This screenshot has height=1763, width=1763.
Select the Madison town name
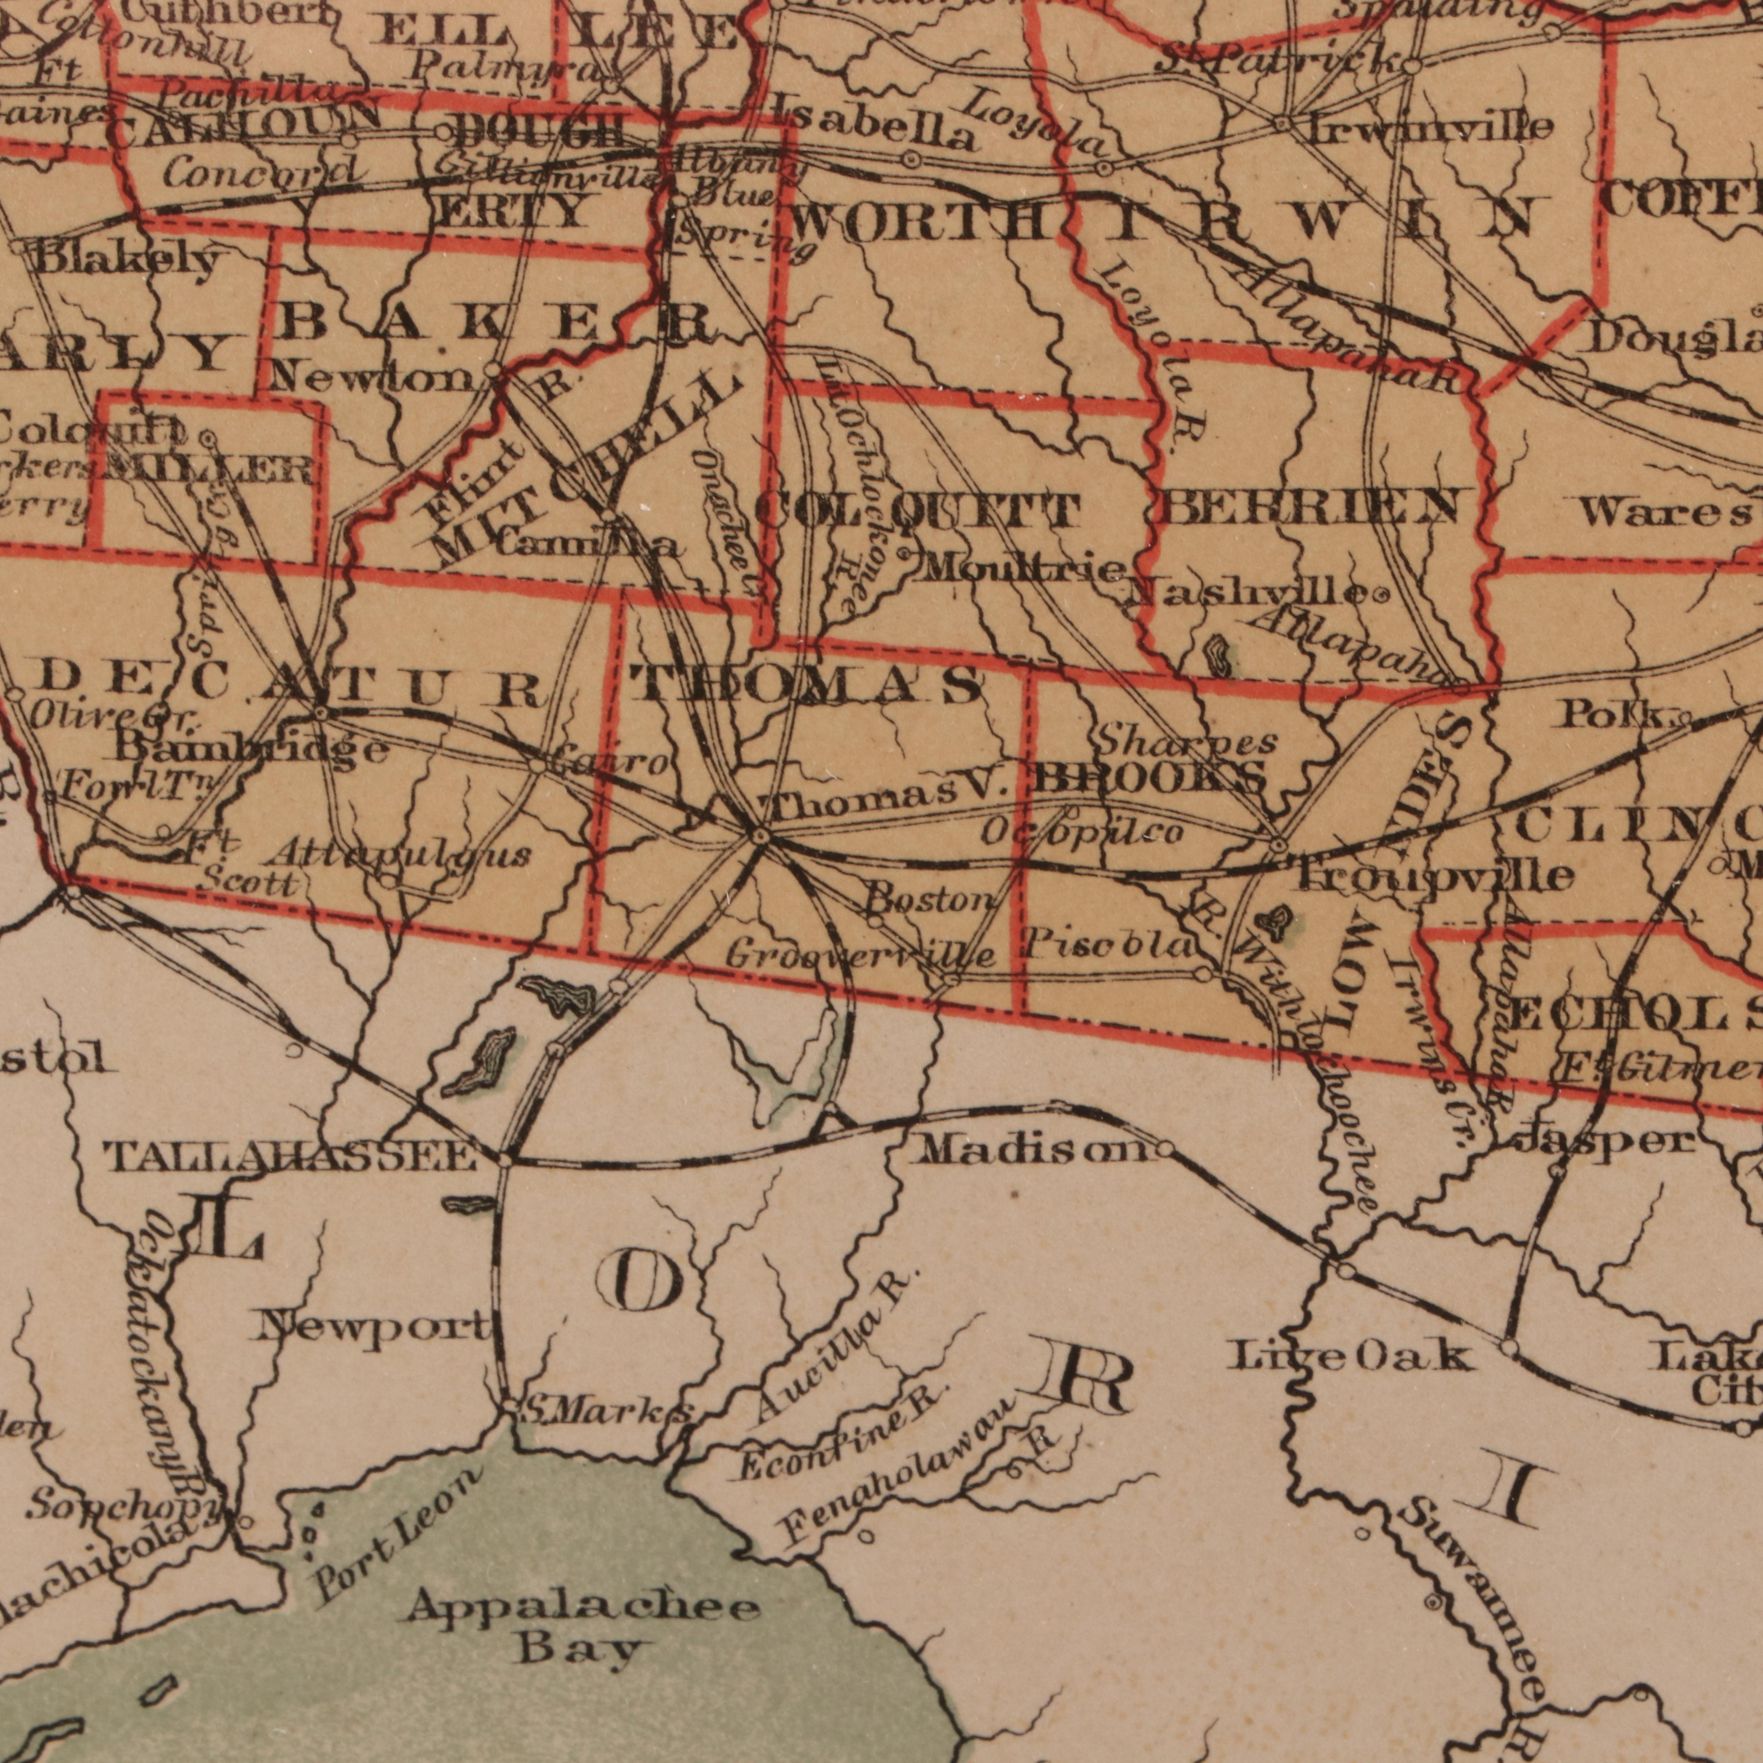pos(1036,1150)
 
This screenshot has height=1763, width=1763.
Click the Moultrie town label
pos(1022,570)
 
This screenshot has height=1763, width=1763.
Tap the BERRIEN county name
pos(1314,506)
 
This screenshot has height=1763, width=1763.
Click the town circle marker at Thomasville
pos(760,835)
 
